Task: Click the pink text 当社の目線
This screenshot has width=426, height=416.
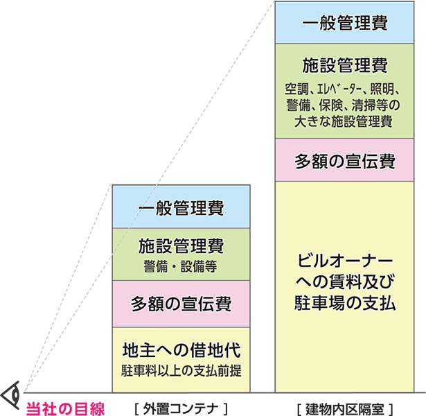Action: point(65,408)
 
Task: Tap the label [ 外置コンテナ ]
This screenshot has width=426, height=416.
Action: point(181,408)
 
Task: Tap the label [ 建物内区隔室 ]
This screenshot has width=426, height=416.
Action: point(344,408)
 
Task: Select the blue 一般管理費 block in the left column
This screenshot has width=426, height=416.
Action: point(181,207)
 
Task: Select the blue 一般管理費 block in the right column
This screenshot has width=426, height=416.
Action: point(344,23)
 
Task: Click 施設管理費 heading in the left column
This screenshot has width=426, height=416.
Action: point(181,245)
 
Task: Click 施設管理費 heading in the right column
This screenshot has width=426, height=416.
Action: point(344,67)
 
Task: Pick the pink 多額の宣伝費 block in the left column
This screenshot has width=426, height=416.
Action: point(181,303)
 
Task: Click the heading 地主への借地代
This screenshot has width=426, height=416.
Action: point(181,348)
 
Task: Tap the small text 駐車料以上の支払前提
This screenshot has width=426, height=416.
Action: point(181,368)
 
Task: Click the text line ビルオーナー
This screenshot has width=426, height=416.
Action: point(344,261)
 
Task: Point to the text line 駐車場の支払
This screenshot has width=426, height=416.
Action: point(344,302)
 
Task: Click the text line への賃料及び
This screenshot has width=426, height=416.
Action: point(344,282)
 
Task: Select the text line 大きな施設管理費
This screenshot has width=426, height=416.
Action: point(344,122)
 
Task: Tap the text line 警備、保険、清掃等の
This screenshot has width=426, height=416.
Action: point(344,105)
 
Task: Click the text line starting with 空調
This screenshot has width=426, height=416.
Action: point(344,89)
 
